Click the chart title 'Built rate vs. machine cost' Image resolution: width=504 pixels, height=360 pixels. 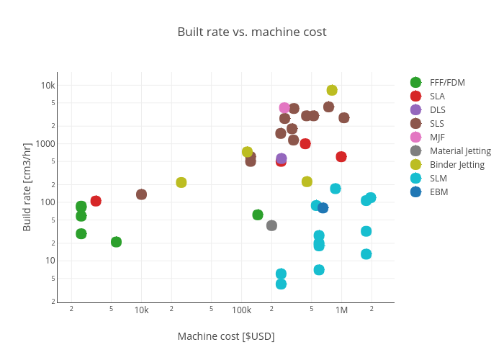coord(252,32)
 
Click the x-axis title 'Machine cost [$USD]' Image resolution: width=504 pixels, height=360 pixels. coord(226,336)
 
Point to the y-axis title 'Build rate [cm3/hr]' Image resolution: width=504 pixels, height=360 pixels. coord(27,186)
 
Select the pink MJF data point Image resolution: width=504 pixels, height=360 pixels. coord(284,108)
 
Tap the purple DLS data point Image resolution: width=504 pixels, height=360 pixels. coord(282,158)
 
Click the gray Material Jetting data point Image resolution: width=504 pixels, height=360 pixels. coord(271,225)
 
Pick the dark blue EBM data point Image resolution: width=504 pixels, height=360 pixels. coord(323,208)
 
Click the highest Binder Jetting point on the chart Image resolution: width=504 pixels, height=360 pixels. coord(332,90)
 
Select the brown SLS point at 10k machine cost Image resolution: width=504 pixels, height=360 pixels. coord(141,194)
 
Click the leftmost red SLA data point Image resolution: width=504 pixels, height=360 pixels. coord(96,201)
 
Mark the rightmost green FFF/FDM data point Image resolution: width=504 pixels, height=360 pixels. coord(258,215)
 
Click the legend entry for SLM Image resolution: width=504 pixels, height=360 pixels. coord(439,179)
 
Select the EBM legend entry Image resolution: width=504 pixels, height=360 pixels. coord(439,192)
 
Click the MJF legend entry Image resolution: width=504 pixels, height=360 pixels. coord(438,138)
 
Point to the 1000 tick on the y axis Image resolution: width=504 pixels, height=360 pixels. coord(45,143)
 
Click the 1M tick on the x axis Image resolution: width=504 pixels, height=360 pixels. coord(341,310)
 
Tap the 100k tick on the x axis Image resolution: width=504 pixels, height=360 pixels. coord(241,310)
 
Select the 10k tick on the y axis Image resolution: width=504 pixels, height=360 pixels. coord(48,85)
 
